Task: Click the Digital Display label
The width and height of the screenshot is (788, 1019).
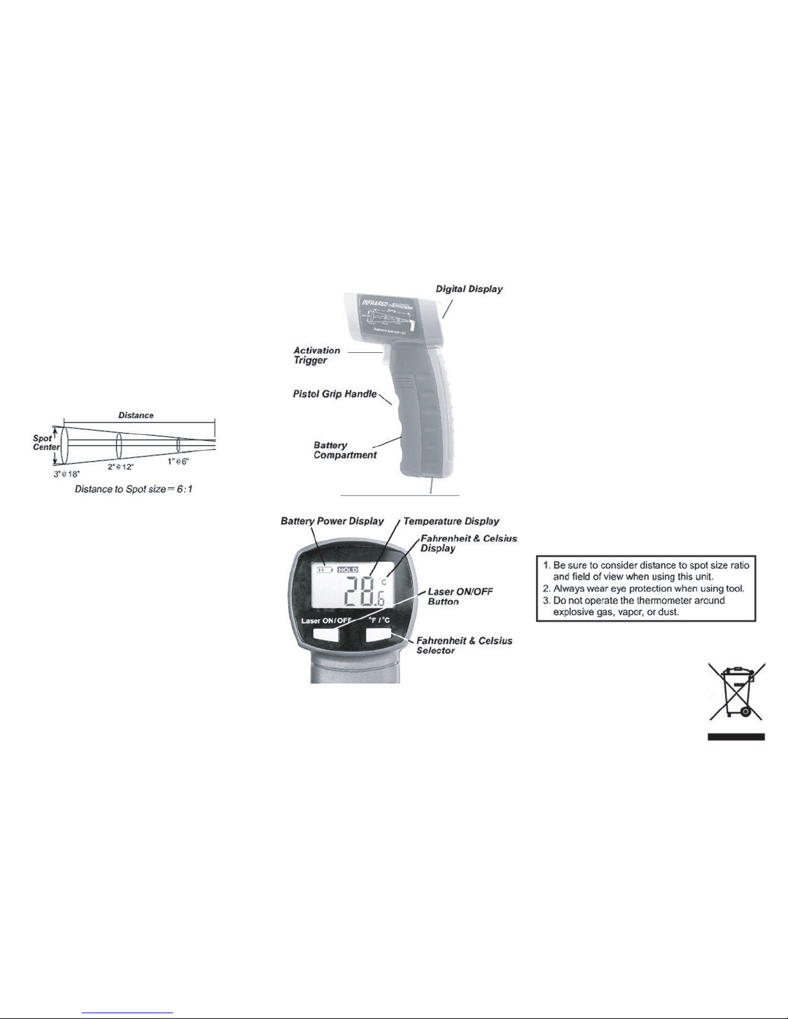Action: coord(469,289)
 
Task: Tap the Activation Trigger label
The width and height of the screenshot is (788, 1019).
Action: coord(316,355)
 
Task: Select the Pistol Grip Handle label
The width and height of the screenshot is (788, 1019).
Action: coord(334,393)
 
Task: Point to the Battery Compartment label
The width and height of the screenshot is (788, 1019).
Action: coord(345,450)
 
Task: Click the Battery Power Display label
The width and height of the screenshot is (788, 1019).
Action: coord(332,521)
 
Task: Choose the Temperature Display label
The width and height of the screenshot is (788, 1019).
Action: coord(451,521)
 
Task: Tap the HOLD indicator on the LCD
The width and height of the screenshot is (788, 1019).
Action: coord(348,570)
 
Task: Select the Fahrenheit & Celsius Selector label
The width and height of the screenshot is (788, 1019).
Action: coord(464,645)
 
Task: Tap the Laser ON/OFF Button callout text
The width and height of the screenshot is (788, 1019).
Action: coord(460,596)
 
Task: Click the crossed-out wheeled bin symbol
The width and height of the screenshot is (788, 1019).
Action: coord(737,692)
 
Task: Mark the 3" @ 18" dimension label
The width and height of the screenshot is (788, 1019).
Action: coord(66,473)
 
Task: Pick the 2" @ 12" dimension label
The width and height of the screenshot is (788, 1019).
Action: coord(120,467)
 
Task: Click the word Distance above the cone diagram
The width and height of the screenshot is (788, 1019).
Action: coord(136,415)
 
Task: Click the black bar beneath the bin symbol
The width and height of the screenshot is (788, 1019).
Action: coord(737,737)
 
